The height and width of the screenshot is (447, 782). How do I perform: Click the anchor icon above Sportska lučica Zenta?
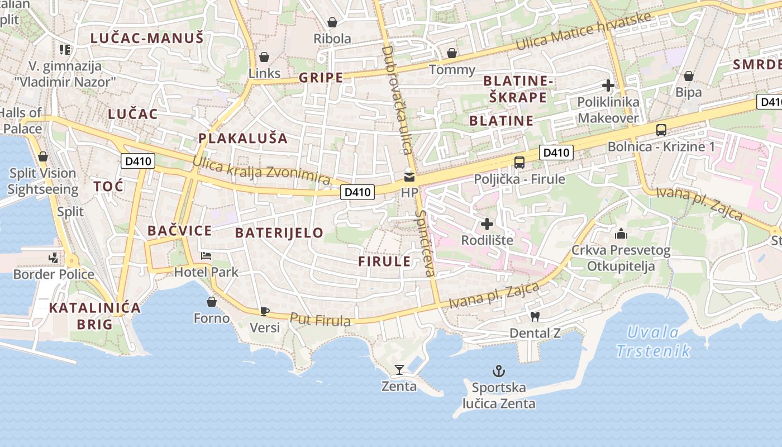(x=498, y=370)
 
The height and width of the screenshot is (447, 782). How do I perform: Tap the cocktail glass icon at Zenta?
(x=399, y=369)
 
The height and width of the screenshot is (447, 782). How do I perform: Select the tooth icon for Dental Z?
(x=535, y=316)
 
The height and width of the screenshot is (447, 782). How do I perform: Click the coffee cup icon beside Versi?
(x=264, y=311)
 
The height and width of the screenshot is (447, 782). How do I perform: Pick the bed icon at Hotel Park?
(x=206, y=256)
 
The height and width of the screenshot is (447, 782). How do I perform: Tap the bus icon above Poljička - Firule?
(x=519, y=163)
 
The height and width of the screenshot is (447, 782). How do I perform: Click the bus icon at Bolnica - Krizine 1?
(x=661, y=130)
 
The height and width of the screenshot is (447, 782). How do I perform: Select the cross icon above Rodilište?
(x=487, y=224)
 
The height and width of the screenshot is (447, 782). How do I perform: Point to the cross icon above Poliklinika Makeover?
(x=608, y=85)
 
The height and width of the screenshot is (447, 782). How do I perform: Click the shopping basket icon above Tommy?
(x=452, y=54)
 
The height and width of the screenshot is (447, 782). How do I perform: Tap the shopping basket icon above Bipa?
(x=689, y=76)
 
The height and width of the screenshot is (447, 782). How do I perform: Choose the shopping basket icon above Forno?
(x=212, y=302)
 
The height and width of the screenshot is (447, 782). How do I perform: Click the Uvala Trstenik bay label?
(x=654, y=342)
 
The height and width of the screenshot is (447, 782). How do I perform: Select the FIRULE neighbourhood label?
(x=384, y=261)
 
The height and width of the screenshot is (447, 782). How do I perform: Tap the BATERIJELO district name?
(x=279, y=232)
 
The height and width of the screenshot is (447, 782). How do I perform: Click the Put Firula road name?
(x=320, y=320)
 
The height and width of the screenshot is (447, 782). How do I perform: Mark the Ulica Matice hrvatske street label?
(x=584, y=31)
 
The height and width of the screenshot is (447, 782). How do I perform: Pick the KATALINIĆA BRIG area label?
(x=94, y=316)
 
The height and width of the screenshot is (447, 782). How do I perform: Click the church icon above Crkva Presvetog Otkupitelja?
(x=621, y=234)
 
